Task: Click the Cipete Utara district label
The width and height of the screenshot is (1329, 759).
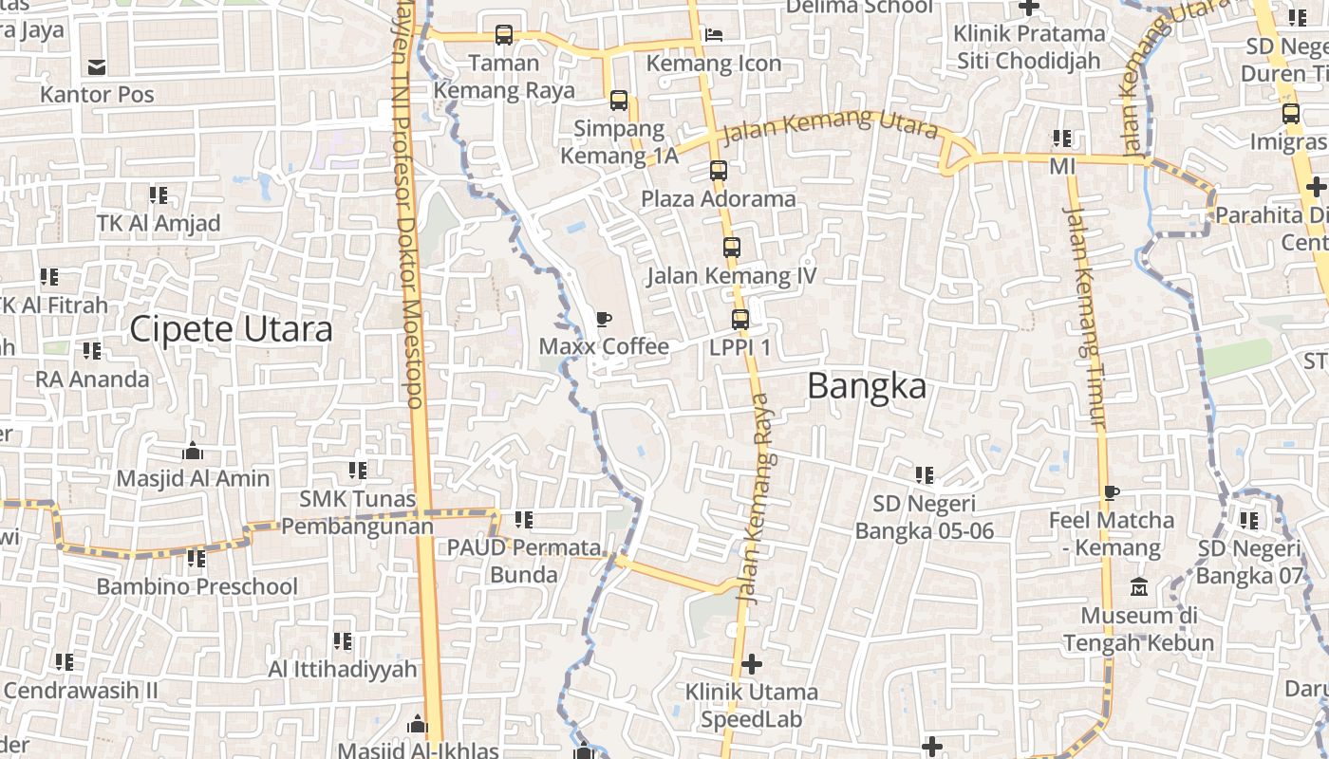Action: (x=231, y=329)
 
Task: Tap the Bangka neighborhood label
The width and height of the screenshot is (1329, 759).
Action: (x=867, y=386)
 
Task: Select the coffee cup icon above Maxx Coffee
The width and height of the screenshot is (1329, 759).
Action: (x=604, y=319)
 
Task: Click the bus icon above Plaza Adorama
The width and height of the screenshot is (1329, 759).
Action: (x=719, y=171)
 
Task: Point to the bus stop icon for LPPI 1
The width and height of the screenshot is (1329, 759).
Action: (x=740, y=320)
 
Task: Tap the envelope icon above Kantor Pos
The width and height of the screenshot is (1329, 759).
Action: (x=97, y=66)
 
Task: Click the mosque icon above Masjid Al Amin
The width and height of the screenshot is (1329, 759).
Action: (x=193, y=451)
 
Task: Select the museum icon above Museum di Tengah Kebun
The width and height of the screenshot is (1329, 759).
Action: (x=1139, y=587)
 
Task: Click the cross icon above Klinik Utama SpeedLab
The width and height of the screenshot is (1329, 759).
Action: (x=752, y=663)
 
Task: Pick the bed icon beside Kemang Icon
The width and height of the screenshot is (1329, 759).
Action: (x=714, y=35)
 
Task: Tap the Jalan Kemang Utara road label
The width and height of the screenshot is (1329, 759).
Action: (x=829, y=125)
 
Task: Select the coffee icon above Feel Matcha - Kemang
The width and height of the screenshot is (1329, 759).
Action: (x=1111, y=492)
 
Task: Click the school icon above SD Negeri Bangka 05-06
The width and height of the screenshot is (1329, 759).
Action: (x=924, y=474)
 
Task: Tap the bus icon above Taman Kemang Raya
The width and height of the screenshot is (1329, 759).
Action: (x=504, y=35)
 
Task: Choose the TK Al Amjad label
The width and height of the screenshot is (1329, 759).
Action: (x=159, y=223)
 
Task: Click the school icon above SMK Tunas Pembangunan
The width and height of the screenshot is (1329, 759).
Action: (x=357, y=471)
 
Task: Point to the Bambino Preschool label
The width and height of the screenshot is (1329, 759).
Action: (x=197, y=586)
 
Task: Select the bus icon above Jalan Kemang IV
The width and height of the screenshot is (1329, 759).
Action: (x=731, y=248)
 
